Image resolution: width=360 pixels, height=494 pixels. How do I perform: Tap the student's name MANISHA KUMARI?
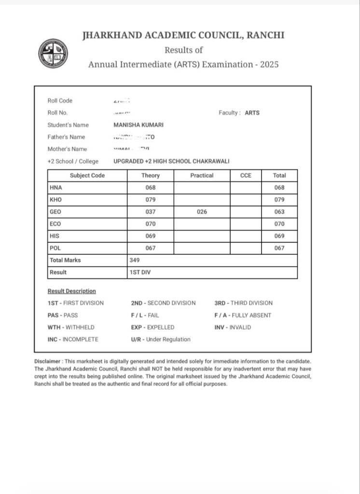pos(138,125)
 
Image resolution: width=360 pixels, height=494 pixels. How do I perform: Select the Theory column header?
pos(151,176)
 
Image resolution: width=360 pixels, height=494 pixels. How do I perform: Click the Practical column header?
pos(202,176)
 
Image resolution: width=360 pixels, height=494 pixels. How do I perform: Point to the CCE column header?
pos(246,176)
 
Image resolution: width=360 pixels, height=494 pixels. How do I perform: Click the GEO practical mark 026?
pos(202,212)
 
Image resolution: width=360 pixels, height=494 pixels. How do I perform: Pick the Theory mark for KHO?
pos(151,200)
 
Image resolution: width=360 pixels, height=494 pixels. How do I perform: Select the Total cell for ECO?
pos(279,224)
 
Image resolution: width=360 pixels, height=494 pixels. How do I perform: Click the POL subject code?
pos(55,248)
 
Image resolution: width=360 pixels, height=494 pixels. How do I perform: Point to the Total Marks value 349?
pos(135,260)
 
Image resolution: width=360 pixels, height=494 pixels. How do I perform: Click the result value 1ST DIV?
pos(139,272)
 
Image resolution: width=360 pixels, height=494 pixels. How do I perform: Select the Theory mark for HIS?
pos(151,236)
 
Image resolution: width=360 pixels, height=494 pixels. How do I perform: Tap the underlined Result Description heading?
pos(71,291)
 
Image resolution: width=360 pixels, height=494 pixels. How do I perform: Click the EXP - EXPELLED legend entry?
pos(152,327)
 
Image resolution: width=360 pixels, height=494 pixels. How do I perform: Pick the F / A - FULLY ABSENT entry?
pos(243,315)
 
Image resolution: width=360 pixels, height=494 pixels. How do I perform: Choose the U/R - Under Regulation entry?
pos(160,339)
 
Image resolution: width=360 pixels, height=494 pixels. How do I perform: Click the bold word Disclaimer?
pos(48,361)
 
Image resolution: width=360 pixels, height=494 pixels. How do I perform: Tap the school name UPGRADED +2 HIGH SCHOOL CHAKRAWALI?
pos(171,161)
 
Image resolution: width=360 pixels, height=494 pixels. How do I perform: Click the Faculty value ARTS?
pos(252,113)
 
